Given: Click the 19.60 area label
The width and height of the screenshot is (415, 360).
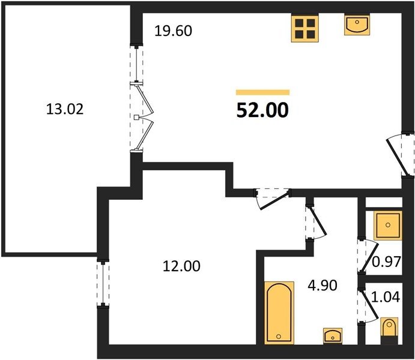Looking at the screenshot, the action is [173, 31].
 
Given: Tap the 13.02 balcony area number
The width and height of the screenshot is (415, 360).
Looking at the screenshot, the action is [65, 109].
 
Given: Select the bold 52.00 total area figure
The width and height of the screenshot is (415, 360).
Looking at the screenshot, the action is [262, 110].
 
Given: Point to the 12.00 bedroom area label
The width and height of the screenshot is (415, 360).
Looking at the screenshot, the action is [181, 266].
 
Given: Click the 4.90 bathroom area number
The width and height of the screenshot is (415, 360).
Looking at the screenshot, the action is [323, 285].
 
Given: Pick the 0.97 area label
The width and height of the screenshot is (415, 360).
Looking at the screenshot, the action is [386, 262].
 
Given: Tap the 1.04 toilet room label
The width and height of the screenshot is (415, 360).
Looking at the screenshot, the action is [386, 297].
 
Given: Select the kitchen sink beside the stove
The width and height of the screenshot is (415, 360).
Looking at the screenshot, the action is [357, 25].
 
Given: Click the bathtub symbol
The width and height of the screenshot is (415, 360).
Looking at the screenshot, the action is [279, 313].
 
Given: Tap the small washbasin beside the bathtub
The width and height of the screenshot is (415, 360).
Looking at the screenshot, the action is [333, 336].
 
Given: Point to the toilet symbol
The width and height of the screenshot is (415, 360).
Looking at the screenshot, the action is [389, 331].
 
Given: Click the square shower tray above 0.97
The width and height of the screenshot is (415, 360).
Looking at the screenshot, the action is [388, 225].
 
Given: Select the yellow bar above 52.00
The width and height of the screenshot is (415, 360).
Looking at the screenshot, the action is [262, 92].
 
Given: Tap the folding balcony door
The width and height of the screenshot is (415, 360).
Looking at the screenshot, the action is [144, 118].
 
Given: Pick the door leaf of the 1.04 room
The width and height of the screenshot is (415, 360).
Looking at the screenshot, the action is [368, 304].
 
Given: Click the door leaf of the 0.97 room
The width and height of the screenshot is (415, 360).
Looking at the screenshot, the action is [369, 256].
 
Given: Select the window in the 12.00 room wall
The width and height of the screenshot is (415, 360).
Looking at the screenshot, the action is [103, 284].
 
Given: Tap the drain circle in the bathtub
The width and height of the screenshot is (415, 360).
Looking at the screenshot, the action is [278, 337].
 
